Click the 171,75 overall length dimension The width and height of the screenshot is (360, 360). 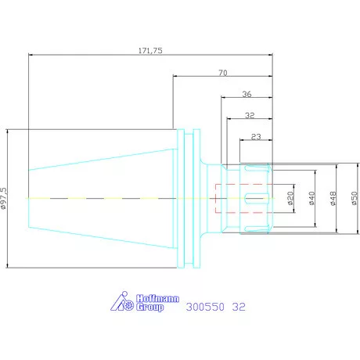[150, 50]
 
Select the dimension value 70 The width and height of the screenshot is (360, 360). [223, 73]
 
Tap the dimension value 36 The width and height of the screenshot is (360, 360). [247, 94]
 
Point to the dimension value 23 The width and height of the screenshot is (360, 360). [256, 137]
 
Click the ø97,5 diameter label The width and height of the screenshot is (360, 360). [4, 198]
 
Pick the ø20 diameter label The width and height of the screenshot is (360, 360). [290, 198]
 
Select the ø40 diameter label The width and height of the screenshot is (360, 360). [312, 198]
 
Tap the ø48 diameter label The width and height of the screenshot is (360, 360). [333, 198]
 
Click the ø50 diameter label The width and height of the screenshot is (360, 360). [355, 198]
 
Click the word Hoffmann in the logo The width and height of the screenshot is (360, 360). [157, 298]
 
